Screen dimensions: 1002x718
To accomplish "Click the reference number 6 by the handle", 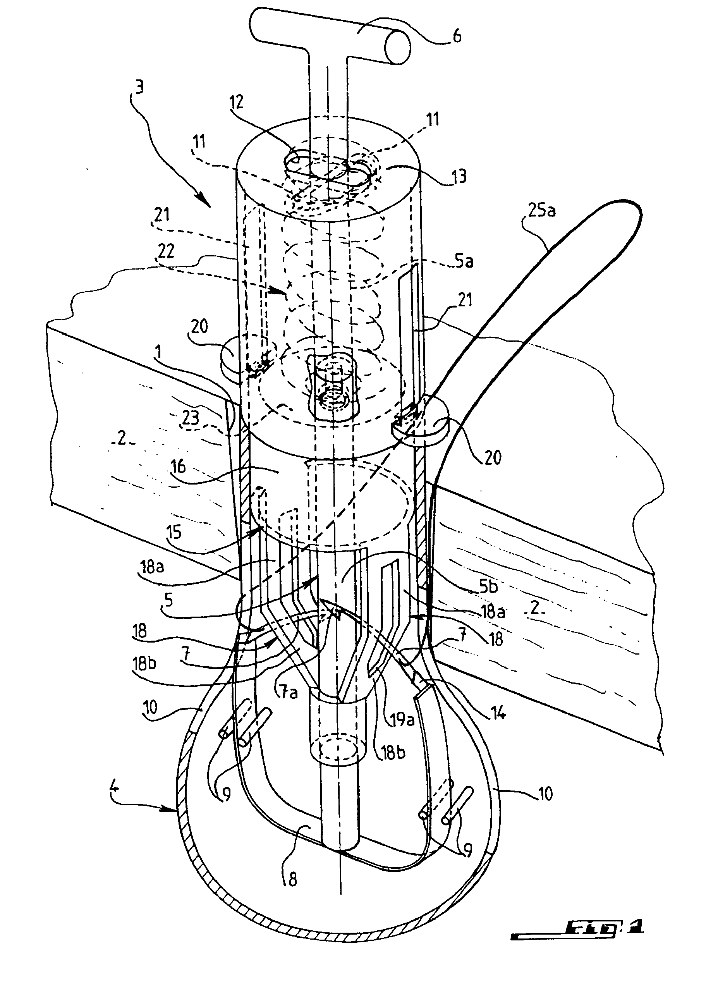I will tap(457, 36).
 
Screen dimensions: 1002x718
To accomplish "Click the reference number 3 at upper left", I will tap(139, 88).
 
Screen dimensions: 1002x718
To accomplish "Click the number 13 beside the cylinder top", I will tap(459, 176).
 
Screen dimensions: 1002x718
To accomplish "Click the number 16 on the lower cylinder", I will tap(179, 467).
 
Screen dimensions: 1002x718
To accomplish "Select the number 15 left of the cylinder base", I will tap(174, 532).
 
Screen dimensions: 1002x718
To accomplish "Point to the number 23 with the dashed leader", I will tap(191, 418).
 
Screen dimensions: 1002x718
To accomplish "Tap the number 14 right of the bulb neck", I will tap(498, 713).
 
